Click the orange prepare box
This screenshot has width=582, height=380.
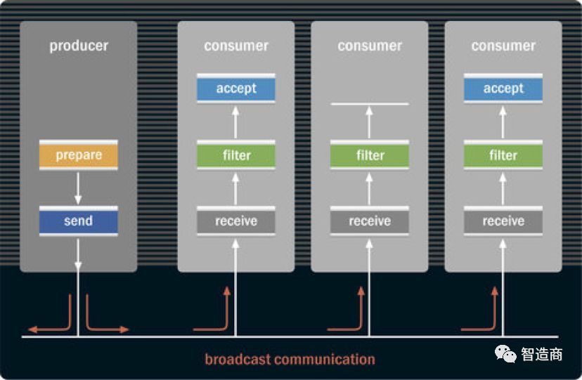click(78, 155)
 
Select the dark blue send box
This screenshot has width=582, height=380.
click(78, 221)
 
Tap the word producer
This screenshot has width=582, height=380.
click(78, 46)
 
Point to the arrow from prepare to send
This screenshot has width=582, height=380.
click(78, 188)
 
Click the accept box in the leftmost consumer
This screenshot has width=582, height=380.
click(236, 89)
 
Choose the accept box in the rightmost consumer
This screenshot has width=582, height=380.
click(503, 89)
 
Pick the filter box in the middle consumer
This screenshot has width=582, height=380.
click(370, 155)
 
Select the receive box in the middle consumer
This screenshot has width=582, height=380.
click(370, 221)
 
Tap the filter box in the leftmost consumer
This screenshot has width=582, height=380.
click(236, 155)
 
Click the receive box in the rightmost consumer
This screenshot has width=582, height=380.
click(503, 221)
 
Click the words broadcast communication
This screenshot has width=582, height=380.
click(290, 360)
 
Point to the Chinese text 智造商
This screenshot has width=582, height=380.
click(541, 354)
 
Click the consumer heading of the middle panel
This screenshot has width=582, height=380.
click(370, 46)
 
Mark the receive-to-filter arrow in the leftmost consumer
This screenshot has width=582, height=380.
click(236, 188)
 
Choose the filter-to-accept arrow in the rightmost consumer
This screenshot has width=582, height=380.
click(503, 122)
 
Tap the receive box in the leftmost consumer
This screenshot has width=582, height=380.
click(236, 221)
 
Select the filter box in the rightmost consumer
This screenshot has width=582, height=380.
click(503, 155)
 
